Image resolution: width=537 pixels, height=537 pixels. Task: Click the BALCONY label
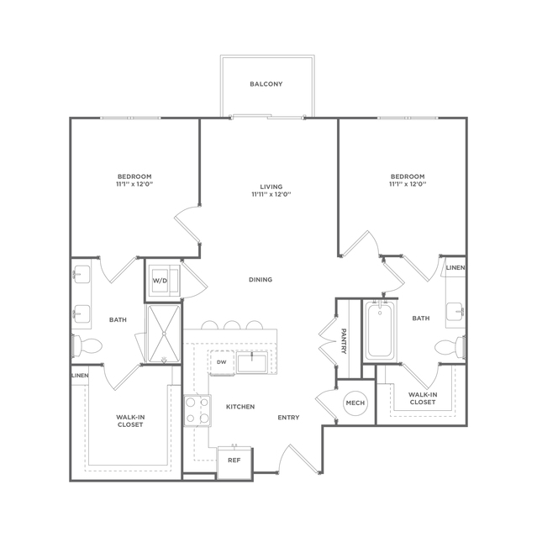tap(266, 84)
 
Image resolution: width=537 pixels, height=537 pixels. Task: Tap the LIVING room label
tap(271, 187)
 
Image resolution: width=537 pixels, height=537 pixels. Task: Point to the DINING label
tap(261, 280)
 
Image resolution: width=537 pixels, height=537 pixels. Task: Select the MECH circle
tap(355, 403)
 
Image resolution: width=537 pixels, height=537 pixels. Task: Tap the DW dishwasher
tap(222, 362)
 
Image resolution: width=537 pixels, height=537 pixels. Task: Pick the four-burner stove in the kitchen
tap(197, 411)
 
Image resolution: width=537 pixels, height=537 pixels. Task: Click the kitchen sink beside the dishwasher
tap(252, 362)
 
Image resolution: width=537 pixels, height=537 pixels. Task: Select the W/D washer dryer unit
tap(164, 281)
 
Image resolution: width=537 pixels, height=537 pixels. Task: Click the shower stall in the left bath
tap(164, 334)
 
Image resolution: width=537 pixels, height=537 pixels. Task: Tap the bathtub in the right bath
tap(379, 329)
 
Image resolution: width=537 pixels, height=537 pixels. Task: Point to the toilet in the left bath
tap(87, 345)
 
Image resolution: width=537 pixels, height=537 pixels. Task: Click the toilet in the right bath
tap(450, 348)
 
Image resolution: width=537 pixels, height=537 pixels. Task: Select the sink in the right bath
tap(455, 312)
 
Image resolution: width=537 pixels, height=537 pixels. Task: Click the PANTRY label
tap(344, 341)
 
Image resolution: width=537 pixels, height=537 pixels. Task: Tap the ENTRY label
tap(288, 418)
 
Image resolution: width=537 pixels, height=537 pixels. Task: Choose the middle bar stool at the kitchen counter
tap(232, 325)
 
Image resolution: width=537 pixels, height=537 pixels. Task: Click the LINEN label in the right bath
tap(455, 267)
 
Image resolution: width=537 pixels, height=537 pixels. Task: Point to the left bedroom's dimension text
tap(134, 184)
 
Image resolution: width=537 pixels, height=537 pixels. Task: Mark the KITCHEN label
tap(240, 407)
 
